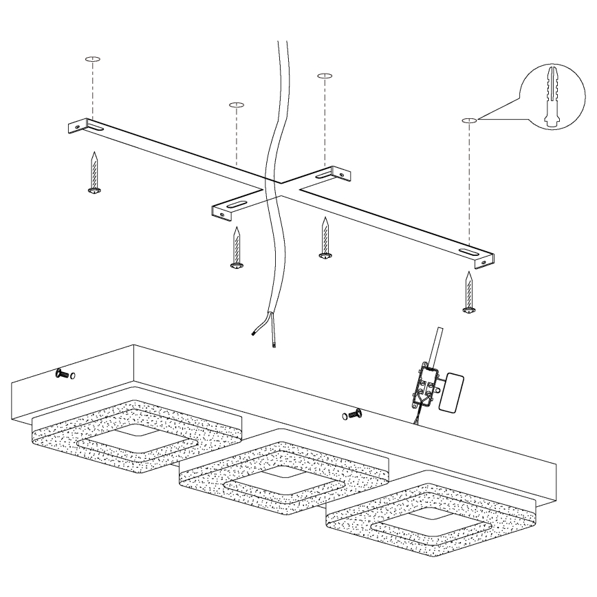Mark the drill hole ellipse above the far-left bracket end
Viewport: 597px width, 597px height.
[93, 59]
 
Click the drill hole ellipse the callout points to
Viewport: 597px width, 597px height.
[469, 121]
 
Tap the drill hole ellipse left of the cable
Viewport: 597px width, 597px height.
[236, 105]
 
